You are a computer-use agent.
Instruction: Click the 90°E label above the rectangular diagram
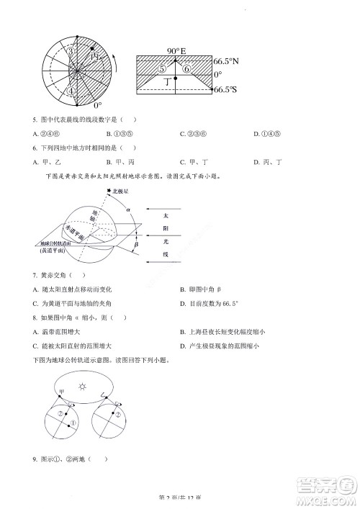(x=176, y=51)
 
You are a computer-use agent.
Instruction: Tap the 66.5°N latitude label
(x=227, y=62)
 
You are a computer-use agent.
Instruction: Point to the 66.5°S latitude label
(x=227, y=90)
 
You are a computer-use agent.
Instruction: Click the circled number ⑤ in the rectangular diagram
(x=163, y=68)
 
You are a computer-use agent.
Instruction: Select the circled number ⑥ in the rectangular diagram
(x=186, y=69)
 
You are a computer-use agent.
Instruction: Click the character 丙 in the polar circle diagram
(x=94, y=56)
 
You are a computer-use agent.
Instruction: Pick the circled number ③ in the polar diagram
(x=70, y=53)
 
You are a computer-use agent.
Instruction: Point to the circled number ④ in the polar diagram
(x=70, y=91)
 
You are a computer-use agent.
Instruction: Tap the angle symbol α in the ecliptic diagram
(x=129, y=210)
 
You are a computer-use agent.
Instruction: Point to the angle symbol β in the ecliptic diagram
(x=136, y=245)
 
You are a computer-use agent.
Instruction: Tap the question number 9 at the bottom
(x=35, y=459)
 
